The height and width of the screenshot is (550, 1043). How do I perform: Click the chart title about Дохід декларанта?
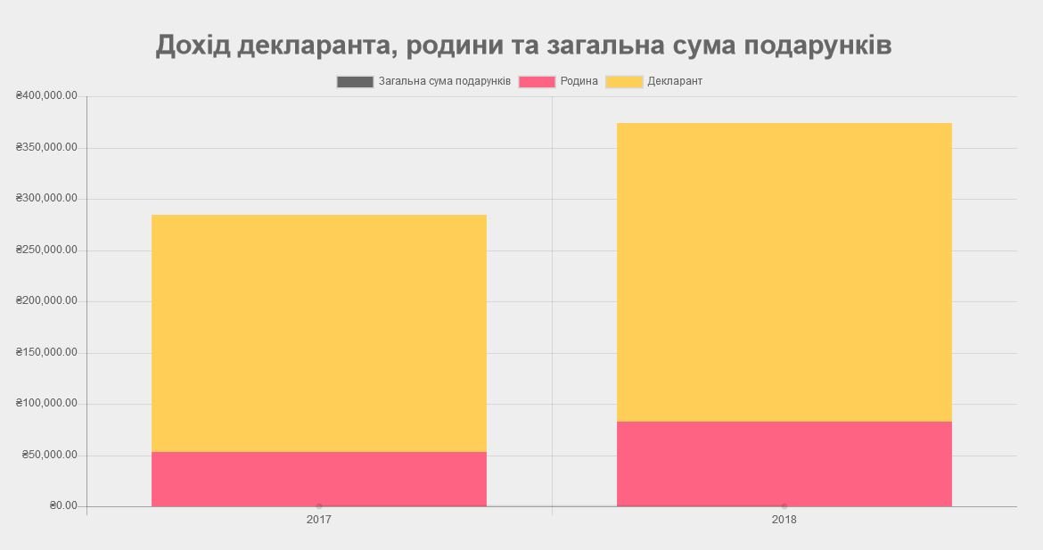click(x=523, y=45)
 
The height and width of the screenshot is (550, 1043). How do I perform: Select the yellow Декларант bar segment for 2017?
click(x=319, y=333)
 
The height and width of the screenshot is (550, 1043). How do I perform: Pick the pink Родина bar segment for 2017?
click(x=319, y=479)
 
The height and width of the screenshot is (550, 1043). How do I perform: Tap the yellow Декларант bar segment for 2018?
click(x=784, y=272)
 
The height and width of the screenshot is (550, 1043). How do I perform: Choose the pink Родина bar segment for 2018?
click(x=784, y=464)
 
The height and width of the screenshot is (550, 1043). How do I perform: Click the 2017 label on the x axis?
click(x=319, y=520)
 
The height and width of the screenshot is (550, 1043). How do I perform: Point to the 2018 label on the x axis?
click(x=784, y=520)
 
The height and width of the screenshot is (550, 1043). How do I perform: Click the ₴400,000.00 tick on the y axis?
click(x=46, y=96)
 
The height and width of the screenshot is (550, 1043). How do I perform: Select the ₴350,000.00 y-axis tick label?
click(x=46, y=147)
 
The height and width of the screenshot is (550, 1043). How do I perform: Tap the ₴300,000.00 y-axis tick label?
click(x=46, y=199)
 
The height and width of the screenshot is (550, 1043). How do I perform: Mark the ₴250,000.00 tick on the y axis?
click(x=46, y=250)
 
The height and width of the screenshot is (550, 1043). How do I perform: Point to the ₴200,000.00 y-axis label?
click(x=46, y=301)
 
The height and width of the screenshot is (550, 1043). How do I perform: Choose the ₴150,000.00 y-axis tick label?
click(x=46, y=353)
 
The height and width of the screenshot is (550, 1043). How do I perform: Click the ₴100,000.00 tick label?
click(x=46, y=404)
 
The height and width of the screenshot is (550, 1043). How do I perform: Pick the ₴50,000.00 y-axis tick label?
click(x=50, y=456)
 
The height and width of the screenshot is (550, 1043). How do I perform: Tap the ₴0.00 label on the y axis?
click(x=63, y=506)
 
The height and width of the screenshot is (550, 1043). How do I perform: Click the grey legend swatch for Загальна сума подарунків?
click(x=355, y=82)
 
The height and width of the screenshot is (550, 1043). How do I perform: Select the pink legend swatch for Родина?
click(x=537, y=82)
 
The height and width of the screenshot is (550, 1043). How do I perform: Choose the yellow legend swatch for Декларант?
click(x=624, y=82)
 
